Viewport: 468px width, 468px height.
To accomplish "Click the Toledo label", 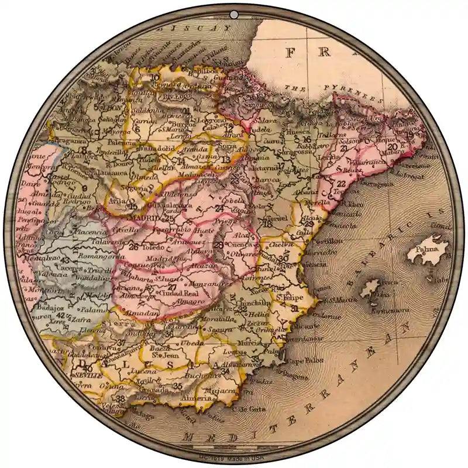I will (152, 247).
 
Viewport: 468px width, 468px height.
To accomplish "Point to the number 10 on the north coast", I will (155, 77).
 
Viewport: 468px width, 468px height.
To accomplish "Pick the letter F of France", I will (290, 53).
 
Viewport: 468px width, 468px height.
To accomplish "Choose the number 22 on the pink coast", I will (341, 184).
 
